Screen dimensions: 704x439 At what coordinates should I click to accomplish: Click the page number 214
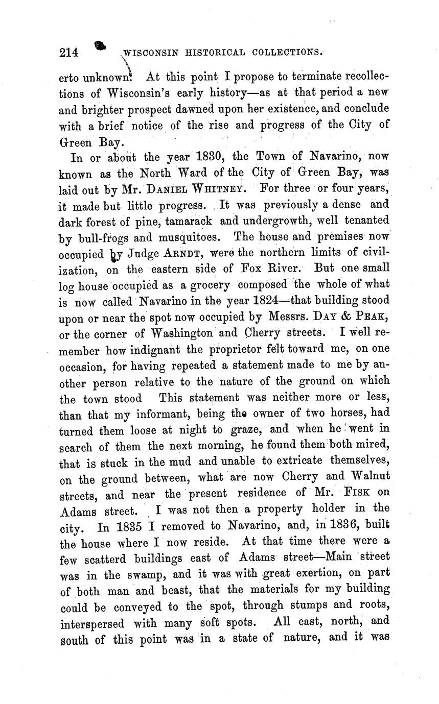(x=68, y=53)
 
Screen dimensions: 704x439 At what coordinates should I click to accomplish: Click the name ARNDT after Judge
(x=183, y=253)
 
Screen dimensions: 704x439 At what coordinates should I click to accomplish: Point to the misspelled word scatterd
(x=105, y=558)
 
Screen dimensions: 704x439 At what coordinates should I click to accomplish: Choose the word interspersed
(x=91, y=623)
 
